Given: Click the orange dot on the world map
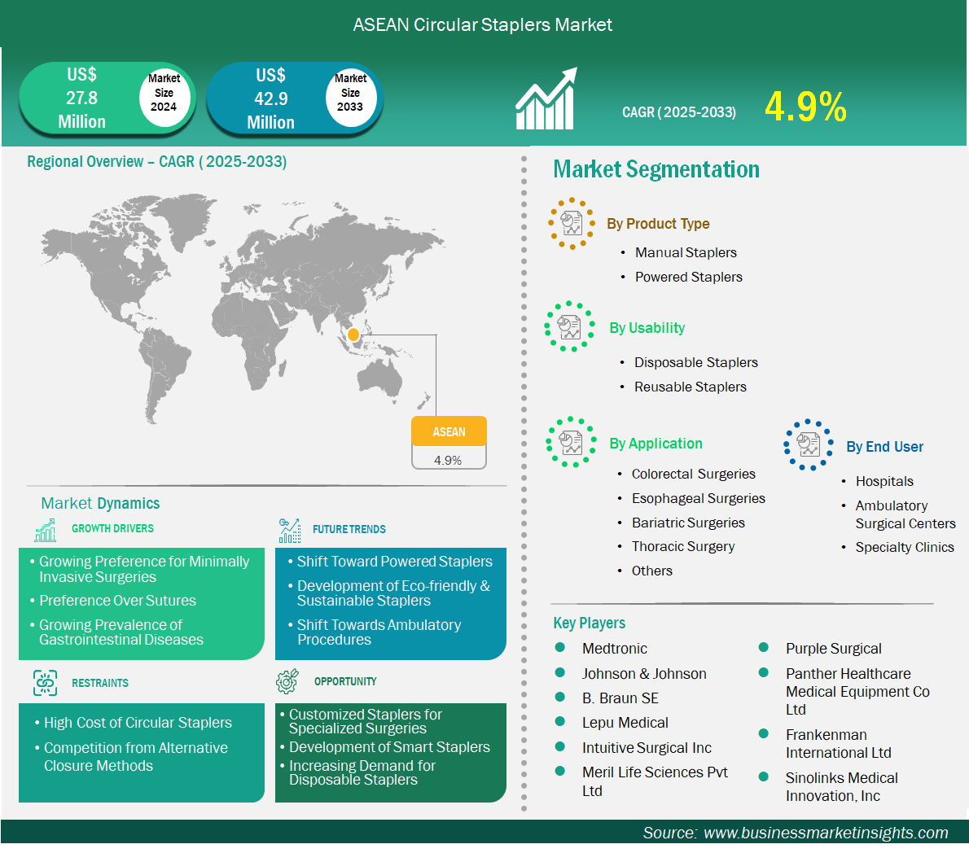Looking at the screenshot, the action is pos(353,335).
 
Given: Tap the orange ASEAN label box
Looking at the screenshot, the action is pos(449,431).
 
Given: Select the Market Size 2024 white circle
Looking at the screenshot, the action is pos(164,94).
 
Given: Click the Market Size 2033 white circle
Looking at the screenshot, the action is pos(350,94).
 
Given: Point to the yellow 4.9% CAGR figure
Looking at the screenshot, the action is pos(806,107).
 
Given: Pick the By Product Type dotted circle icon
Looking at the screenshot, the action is pos(572,224).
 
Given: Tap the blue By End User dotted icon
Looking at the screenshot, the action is pos(809,444).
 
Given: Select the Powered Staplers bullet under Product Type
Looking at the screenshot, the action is pos(688,278).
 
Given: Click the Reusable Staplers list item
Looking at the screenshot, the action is pos(691,387).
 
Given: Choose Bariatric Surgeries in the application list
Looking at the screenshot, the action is pos(688,523).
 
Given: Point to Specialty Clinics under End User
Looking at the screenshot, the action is pos(905,547).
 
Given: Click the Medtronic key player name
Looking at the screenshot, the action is pos(614,649).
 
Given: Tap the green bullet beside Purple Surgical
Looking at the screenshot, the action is pos(763,647).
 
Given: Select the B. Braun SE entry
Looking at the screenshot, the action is pos(620,698).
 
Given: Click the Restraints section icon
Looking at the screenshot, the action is pos(45,683).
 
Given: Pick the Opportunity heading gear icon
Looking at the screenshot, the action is pos(287,680).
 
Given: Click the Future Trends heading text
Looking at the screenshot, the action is pos(349,529).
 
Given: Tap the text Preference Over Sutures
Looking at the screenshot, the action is pos(117,601).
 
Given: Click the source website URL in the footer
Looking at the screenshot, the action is pos(826,833).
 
